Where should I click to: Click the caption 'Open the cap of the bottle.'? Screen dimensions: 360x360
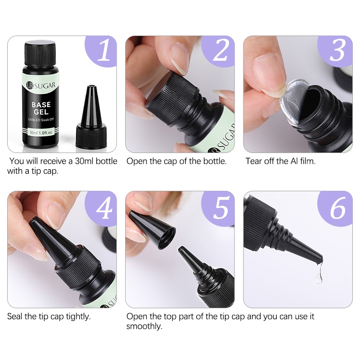tap(176, 161)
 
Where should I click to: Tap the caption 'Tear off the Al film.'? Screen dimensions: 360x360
tap(280, 161)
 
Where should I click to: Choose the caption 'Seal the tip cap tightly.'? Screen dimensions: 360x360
tap(49, 316)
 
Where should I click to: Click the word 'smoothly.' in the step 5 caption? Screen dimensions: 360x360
tap(144, 326)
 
